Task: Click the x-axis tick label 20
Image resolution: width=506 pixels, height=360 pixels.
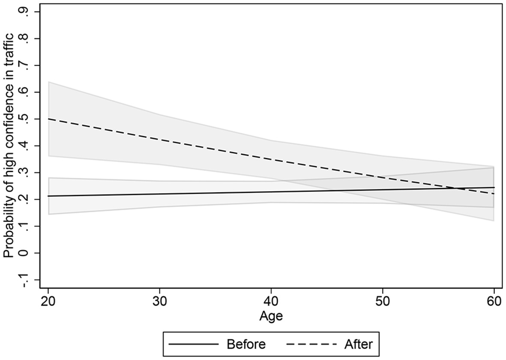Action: [x=48, y=301]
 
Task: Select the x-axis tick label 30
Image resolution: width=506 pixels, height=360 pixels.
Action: [x=159, y=301]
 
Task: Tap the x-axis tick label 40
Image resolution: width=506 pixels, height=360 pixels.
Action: [x=271, y=301]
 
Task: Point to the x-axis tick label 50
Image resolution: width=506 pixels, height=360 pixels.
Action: [x=382, y=301]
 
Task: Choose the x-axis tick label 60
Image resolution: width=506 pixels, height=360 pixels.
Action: [x=494, y=301]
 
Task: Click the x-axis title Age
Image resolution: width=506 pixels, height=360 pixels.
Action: [x=271, y=316]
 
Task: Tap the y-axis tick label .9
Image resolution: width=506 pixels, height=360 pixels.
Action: [x=25, y=12]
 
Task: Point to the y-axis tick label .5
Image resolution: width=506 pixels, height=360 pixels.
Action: [x=25, y=119]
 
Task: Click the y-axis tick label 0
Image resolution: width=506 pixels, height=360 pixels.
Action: [x=25, y=252]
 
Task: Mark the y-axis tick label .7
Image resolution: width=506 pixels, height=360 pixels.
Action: [x=25, y=65]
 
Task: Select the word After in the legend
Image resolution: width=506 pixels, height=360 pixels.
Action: [x=358, y=344]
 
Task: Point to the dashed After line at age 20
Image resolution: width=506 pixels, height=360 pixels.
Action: [x=48, y=119]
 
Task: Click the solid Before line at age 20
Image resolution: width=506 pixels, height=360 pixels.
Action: [x=48, y=196]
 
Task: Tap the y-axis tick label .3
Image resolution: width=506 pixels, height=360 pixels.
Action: [x=25, y=172]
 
